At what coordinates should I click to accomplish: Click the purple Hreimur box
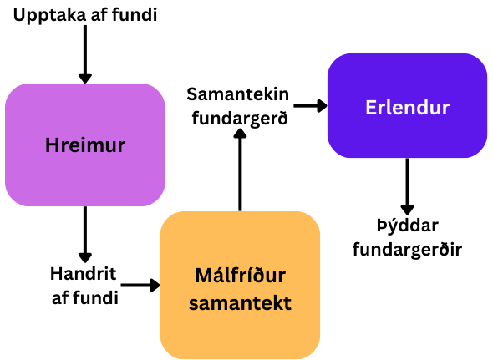85,145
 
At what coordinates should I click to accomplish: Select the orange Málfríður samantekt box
240,285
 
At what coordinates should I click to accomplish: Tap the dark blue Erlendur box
407,105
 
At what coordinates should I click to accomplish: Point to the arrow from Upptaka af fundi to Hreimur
85,54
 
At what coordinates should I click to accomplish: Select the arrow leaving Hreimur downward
85,235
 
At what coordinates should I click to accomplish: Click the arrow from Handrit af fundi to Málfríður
140,285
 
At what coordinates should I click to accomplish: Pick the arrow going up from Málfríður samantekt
240,170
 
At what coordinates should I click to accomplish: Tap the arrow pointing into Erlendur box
311,105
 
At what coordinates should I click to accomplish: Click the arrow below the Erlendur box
407,186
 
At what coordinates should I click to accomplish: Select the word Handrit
84,274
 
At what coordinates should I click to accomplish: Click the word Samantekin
237,94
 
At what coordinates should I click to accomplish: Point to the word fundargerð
240,119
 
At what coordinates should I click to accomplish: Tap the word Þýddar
408,226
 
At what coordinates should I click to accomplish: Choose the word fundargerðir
407,250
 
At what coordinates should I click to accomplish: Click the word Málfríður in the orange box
240,276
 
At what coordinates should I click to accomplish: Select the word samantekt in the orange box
240,302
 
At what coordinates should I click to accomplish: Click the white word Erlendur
408,108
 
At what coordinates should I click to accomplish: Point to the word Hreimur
85,145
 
